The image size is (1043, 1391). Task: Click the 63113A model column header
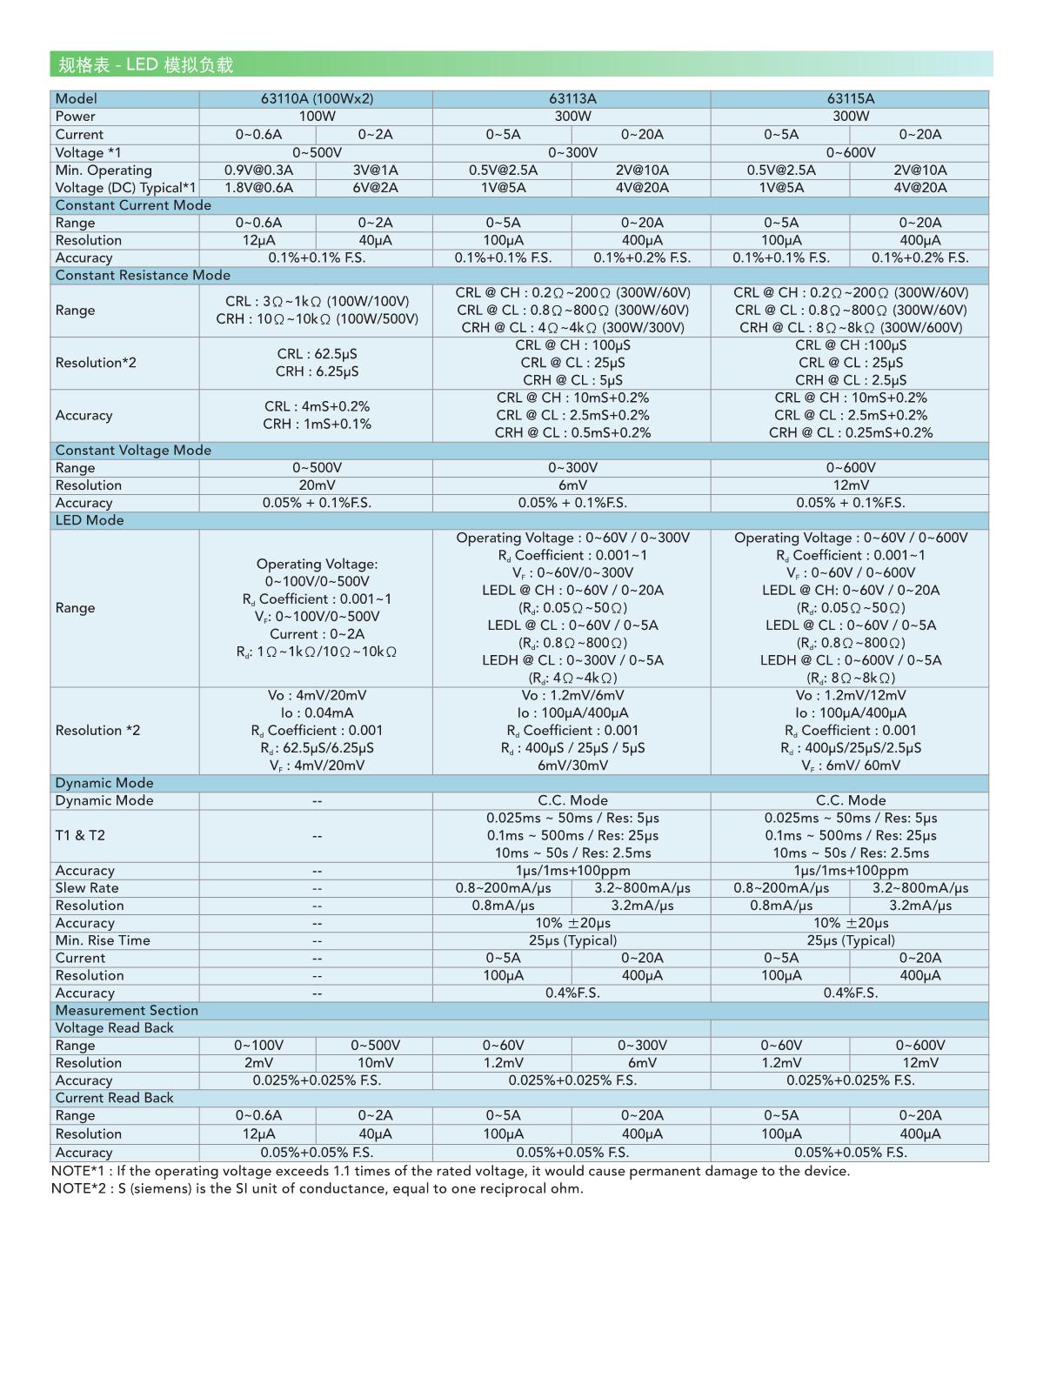coord(572,99)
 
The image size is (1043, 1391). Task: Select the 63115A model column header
coord(850,99)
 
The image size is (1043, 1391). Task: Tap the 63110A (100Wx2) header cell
coord(316,99)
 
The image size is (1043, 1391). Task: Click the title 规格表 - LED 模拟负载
coord(146,65)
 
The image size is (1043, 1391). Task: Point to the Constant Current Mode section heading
coord(133,205)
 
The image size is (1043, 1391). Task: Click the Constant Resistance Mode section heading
coord(143,275)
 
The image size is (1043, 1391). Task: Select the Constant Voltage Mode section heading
coord(133,450)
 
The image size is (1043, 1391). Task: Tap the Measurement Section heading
coord(127,1010)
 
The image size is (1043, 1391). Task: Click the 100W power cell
coord(316,117)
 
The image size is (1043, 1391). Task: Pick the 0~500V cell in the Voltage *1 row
coord(316,152)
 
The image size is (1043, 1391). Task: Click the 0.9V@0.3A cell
coord(258,170)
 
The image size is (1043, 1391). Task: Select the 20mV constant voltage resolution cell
coord(316,485)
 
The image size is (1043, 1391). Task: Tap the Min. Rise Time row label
coord(103,940)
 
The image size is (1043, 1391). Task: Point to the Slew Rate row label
coord(87,888)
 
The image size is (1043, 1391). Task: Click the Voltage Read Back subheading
coord(115,1028)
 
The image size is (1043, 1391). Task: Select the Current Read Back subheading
coord(115,1098)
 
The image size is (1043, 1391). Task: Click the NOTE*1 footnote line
coord(451,1171)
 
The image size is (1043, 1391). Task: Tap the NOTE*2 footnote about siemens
coord(318,1188)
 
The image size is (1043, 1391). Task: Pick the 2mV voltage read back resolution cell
coord(258,1063)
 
